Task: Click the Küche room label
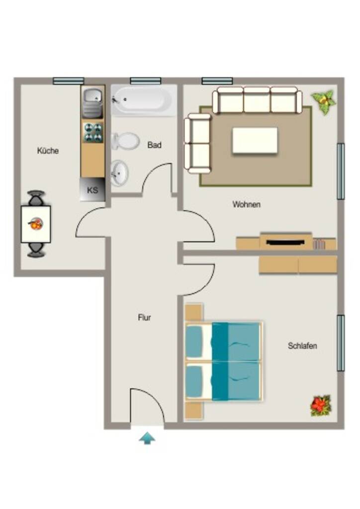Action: (48, 151)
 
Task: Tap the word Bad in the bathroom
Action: (154, 145)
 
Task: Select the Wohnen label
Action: (247, 204)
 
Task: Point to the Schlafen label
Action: (302, 346)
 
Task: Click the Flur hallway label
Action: (145, 318)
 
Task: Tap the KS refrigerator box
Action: (92, 189)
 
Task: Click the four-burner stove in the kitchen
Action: (93, 132)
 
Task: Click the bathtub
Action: (144, 100)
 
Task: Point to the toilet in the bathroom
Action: (125, 141)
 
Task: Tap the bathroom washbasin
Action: (119, 173)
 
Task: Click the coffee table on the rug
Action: (255, 140)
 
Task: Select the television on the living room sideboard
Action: (285, 242)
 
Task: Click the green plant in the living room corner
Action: (324, 101)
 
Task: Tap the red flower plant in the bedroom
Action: (321, 405)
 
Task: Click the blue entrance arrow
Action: (147, 438)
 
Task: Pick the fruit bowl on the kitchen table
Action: (36, 224)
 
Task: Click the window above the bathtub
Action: (146, 81)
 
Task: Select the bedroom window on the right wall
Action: (341, 343)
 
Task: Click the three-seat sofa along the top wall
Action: (257, 100)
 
